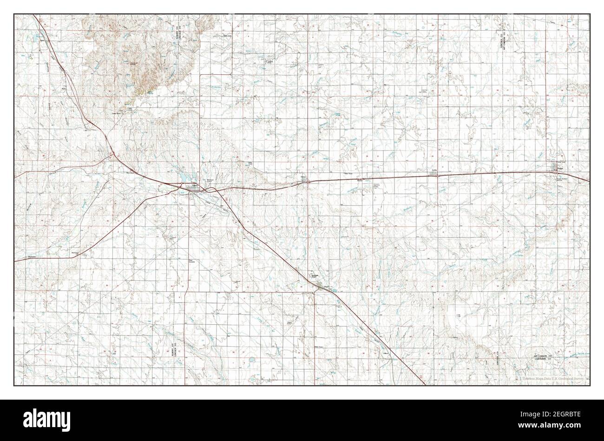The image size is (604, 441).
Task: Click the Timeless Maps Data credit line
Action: (552, 379)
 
